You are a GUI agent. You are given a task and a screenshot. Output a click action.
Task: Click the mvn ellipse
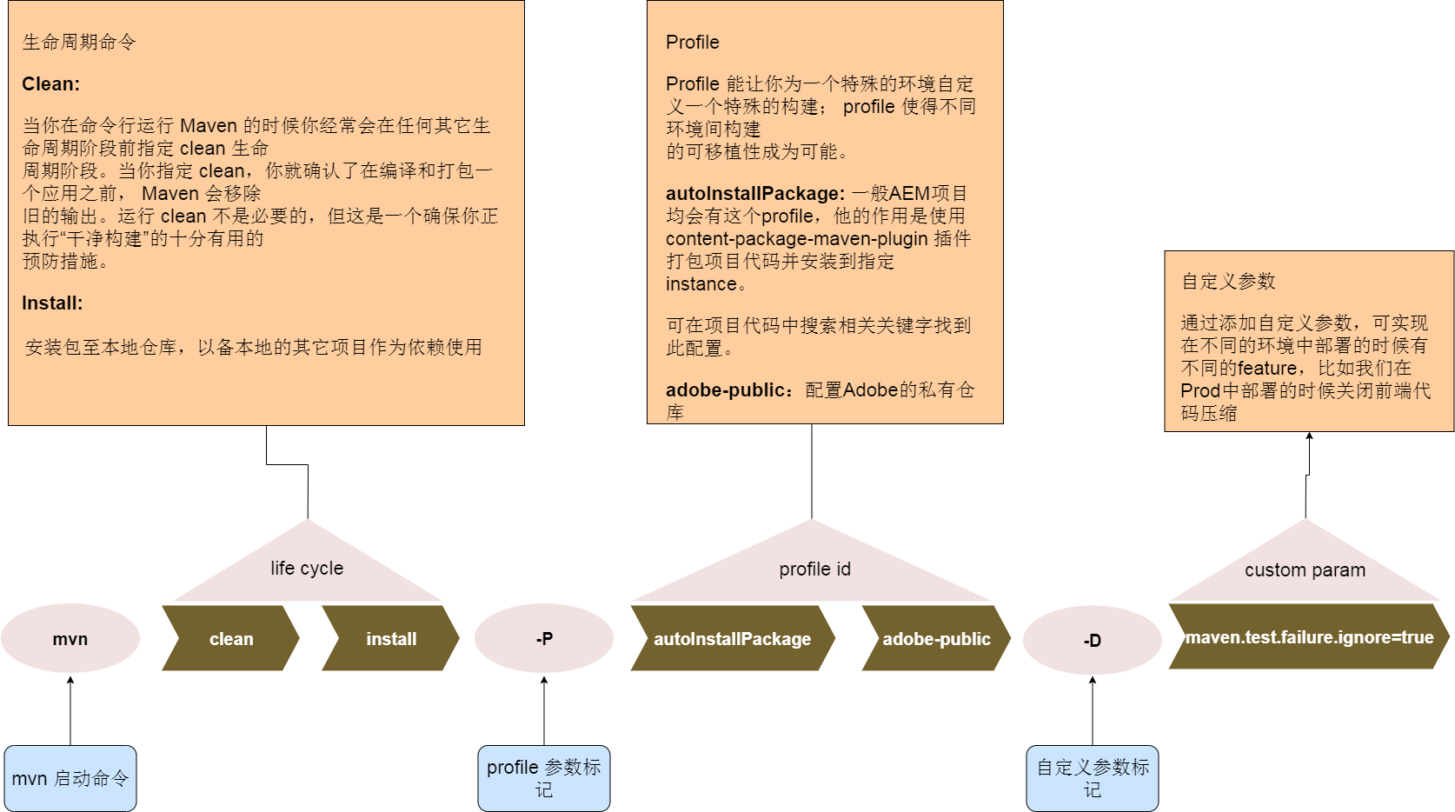70,639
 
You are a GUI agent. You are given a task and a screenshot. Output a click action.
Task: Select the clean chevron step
231,639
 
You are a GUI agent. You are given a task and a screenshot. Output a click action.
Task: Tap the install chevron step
391,639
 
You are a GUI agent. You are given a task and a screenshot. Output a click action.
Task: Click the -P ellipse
544,639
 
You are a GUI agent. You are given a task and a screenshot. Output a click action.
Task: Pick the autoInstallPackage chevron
732,639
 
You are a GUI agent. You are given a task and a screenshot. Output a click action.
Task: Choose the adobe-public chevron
936,639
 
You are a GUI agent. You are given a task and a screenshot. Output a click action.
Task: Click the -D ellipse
1093,641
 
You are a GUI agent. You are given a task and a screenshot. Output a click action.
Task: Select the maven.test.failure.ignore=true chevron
1309,637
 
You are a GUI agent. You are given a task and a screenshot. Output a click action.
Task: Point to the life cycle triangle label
307,569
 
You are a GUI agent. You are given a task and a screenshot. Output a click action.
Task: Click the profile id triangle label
814,569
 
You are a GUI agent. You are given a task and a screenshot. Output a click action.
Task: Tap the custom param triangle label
1305,570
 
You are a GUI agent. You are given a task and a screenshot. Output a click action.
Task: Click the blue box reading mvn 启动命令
70,778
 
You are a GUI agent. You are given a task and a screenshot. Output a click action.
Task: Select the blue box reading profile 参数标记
544,778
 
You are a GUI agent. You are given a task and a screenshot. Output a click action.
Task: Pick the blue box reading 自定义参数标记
1093,778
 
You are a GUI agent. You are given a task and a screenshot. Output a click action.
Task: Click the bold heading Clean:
51,84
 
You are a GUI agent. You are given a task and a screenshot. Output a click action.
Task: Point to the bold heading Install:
52,303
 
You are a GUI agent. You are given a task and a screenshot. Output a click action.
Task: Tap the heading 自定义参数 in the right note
1228,282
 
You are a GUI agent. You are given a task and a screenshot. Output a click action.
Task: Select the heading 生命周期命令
79,43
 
